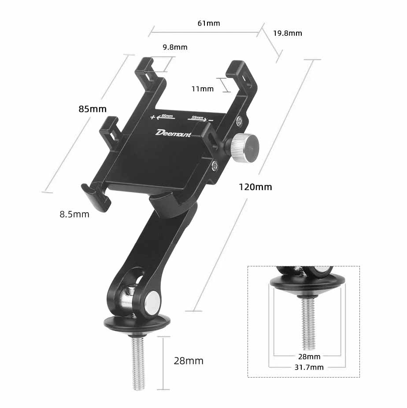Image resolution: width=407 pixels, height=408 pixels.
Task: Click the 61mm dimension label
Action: click(209, 23)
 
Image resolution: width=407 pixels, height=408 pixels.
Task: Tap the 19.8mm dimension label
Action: click(287, 33)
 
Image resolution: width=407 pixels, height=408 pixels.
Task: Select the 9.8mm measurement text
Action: click(175, 47)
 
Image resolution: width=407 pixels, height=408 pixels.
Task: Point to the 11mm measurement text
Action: click(203, 89)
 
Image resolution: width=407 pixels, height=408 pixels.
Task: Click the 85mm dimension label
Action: click(92, 109)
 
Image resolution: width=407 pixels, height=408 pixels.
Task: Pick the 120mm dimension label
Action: click(255, 187)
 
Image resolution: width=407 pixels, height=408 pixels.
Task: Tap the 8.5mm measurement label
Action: click(74, 214)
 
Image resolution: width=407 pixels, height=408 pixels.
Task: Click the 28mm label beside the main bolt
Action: click(189, 361)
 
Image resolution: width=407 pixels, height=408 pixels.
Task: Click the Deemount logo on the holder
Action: click(173, 133)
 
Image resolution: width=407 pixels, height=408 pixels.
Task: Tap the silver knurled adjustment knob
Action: click(244, 148)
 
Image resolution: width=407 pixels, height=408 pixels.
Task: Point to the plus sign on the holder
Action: click(153, 117)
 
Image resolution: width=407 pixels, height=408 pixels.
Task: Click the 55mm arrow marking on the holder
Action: click(198, 118)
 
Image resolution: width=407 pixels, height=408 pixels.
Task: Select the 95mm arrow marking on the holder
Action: click(166, 116)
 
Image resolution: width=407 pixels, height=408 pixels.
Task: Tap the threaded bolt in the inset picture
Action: click(308, 322)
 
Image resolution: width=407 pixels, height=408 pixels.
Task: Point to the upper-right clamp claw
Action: click(244, 77)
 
